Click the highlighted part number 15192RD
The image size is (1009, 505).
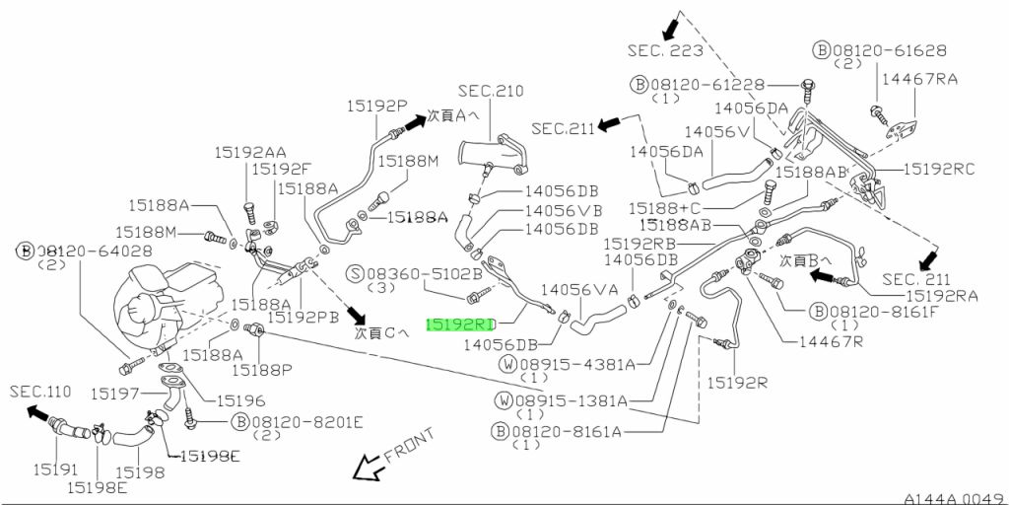point(461,323)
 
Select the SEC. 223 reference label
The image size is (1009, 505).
point(665,50)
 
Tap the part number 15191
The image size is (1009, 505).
point(56,469)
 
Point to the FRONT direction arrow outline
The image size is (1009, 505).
point(369,467)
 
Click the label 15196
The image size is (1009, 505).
point(240,400)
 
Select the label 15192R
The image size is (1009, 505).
point(737,384)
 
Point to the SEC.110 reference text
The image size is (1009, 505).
point(40,391)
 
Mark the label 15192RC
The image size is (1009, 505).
point(939,169)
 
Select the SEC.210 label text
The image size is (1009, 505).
point(491,91)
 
